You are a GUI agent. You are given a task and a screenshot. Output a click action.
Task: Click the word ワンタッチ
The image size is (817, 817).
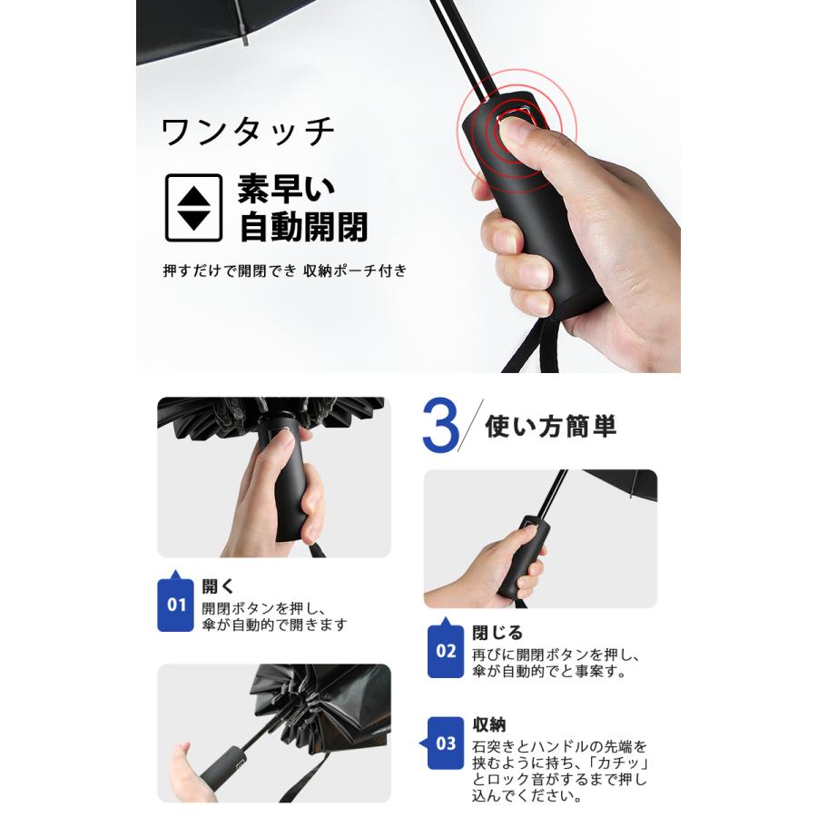pos(248,133)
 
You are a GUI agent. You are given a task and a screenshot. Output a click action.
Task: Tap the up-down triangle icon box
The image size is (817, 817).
pos(194,208)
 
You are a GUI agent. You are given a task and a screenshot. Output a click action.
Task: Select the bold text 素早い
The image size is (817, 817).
pos(286,189)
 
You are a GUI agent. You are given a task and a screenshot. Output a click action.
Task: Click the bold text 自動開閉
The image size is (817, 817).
pos(304,227)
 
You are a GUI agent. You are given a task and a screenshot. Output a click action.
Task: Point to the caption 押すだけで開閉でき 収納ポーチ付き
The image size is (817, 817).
pos(285,271)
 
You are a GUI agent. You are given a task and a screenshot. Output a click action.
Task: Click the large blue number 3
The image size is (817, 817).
pos(440,426)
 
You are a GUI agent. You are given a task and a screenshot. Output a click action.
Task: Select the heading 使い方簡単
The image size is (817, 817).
pos(551,427)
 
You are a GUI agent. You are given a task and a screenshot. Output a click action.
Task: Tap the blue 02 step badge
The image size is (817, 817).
pos(446,647)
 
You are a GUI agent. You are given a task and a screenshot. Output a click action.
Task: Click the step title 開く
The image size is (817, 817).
pos(218,586)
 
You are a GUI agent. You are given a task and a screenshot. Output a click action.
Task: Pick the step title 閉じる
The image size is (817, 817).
pos(497,633)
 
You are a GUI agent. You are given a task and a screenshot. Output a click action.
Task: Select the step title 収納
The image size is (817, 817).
pos(488,724)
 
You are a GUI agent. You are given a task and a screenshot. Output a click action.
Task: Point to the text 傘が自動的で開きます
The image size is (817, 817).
pos(274,625)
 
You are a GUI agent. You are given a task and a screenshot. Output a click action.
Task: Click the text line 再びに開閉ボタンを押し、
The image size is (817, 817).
pos(556,655)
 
